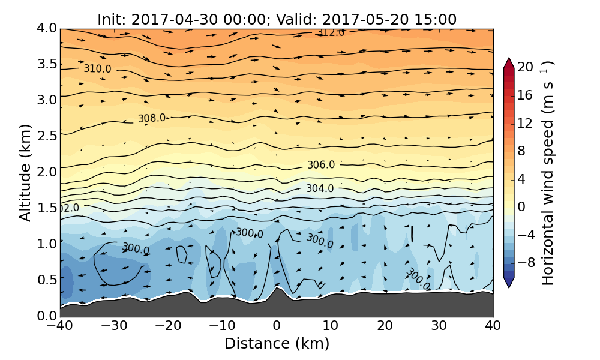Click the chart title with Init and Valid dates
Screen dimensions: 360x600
(x=277, y=19)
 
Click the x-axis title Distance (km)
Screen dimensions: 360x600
(x=277, y=344)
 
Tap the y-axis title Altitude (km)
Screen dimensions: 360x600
(x=25, y=172)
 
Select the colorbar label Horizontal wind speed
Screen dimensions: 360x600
(x=547, y=173)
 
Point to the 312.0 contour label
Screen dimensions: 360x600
(x=331, y=32)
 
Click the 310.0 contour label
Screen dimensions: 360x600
(x=97, y=69)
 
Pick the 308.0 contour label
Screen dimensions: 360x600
(x=151, y=118)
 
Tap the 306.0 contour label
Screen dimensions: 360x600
(x=321, y=165)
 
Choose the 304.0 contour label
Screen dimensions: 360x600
(x=320, y=188)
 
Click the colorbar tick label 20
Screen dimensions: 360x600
(x=526, y=67)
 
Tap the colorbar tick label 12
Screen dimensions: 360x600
(x=526, y=123)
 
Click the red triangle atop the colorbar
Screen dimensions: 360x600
(x=509, y=62)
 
